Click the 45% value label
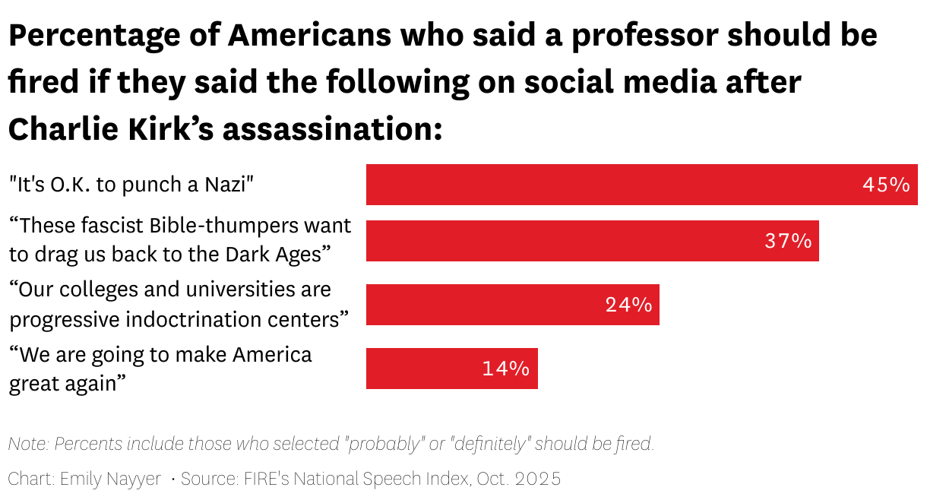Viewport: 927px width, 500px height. [x=885, y=185]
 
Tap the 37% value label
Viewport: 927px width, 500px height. [x=788, y=242]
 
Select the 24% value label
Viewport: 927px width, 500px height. [x=628, y=305]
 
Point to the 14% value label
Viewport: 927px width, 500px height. [x=505, y=369]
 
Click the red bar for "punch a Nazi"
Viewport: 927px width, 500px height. [x=608, y=185]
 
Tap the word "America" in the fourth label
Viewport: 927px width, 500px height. [x=271, y=355]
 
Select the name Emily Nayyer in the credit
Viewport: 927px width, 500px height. [x=111, y=479]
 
